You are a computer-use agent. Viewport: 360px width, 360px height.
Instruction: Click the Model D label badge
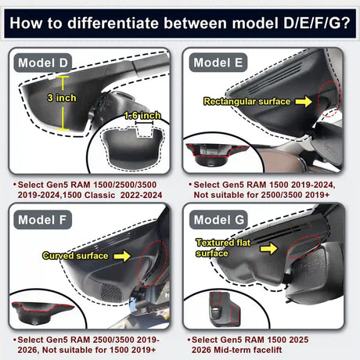pos(44,62)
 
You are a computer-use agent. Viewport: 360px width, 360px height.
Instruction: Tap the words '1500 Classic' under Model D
pos(103,199)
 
